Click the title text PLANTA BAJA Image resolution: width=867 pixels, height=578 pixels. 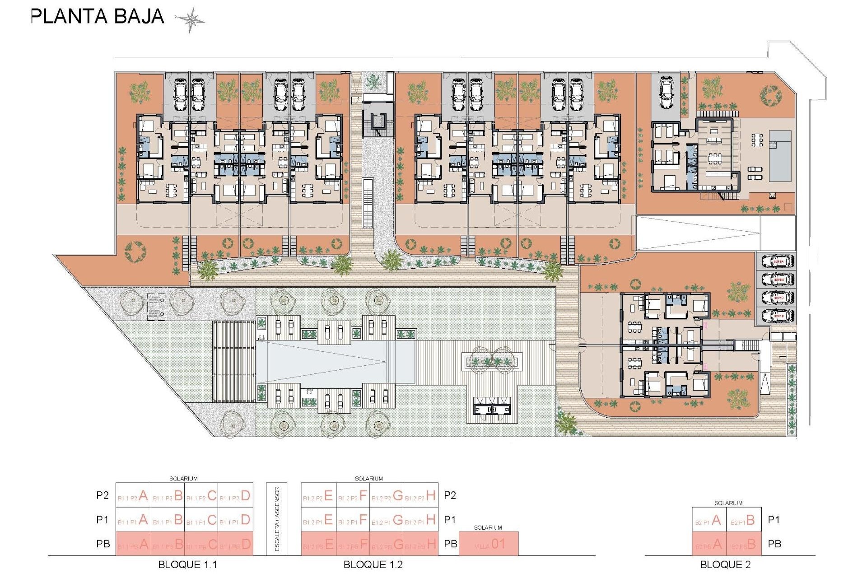(97, 17)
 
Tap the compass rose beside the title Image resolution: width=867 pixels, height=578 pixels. (191, 19)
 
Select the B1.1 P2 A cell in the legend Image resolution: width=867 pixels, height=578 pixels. (133, 495)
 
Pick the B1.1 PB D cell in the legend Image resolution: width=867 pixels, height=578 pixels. (235, 544)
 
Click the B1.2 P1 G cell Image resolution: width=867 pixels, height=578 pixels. (387, 520)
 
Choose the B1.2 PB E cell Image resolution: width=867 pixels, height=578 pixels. (318, 544)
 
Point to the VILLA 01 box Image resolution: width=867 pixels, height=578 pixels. (489, 544)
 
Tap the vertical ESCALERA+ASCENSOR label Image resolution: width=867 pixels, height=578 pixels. (277, 519)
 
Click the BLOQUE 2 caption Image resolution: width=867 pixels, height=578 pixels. (725, 564)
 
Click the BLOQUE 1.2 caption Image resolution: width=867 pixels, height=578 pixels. (373, 564)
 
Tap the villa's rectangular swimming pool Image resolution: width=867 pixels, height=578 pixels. (780, 156)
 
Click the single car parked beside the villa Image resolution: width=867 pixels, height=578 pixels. (667, 93)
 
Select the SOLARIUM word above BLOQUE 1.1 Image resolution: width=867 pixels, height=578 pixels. (183, 479)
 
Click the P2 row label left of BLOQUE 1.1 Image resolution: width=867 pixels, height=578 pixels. (103, 495)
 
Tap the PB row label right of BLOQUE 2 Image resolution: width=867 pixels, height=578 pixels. (774, 544)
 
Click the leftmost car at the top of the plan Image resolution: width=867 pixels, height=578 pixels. (180, 95)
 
